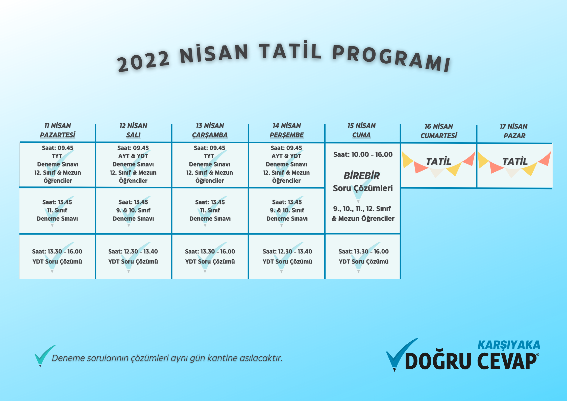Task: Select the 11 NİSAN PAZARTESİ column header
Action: coord(58,130)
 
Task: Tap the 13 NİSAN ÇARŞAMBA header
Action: coord(210,130)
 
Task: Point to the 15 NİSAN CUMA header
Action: coord(361,130)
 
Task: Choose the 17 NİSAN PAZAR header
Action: coord(514,131)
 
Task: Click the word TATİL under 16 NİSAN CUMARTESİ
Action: coord(439,161)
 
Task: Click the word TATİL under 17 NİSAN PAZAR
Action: coord(515,161)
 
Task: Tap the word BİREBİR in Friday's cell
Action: coord(362,176)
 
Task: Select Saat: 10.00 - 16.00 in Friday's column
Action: coord(363,154)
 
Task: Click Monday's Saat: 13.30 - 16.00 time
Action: coord(57,251)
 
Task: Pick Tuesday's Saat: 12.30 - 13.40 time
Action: coord(133,251)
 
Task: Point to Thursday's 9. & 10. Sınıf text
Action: coord(287,210)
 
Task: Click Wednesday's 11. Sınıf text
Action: coord(210,210)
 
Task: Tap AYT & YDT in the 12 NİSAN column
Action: coord(133,156)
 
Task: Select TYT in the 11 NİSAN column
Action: coord(57,156)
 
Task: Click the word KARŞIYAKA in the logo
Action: coord(509,345)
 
